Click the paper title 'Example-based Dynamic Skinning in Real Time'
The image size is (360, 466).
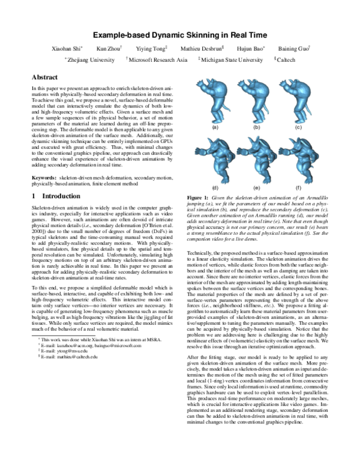tap(180, 35)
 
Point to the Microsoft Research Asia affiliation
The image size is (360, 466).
tap(158, 60)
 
